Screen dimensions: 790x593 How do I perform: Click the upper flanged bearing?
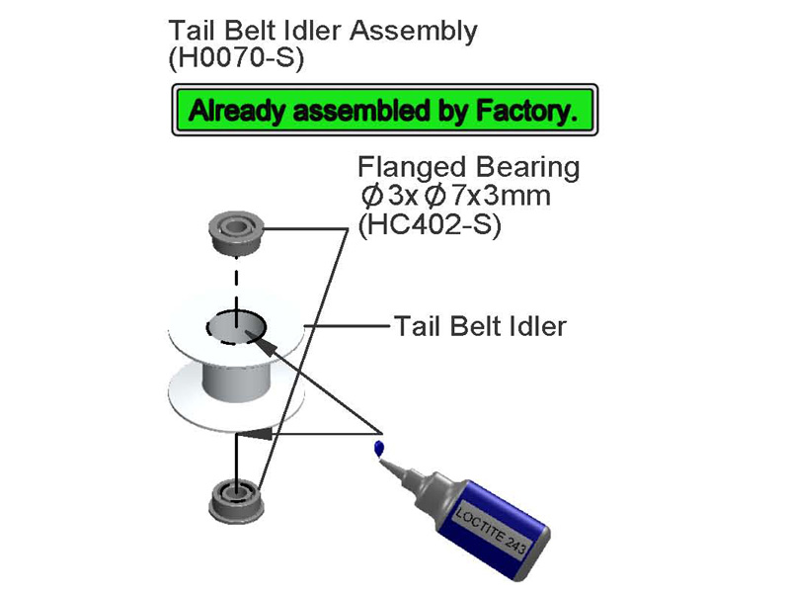pyautogui.click(x=236, y=232)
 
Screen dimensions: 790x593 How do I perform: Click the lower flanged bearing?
pyautogui.click(x=236, y=501)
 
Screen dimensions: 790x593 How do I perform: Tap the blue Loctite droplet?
pyautogui.click(x=379, y=449)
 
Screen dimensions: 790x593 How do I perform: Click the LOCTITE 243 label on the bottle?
pyautogui.click(x=491, y=531)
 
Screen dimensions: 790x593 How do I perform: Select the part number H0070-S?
pyautogui.click(x=236, y=58)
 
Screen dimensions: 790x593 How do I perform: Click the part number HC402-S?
pyautogui.click(x=430, y=225)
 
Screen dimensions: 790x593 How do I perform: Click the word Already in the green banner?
pyautogui.click(x=236, y=111)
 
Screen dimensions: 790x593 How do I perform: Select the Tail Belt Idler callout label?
pyautogui.click(x=480, y=326)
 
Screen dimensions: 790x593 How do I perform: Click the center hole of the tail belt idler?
pyautogui.click(x=236, y=327)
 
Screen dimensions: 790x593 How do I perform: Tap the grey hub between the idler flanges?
pyautogui.click(x=236, y=383)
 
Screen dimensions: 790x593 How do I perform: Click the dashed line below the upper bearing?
pyautogui.click(x=236, y=284)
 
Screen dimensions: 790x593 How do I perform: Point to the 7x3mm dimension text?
pyautogui.click(x=501, y=196)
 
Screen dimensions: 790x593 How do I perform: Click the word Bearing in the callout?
pyautogui.click(x=528, y=168)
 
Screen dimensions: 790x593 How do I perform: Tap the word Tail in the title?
pyautogui.click(x=193, y=31)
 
